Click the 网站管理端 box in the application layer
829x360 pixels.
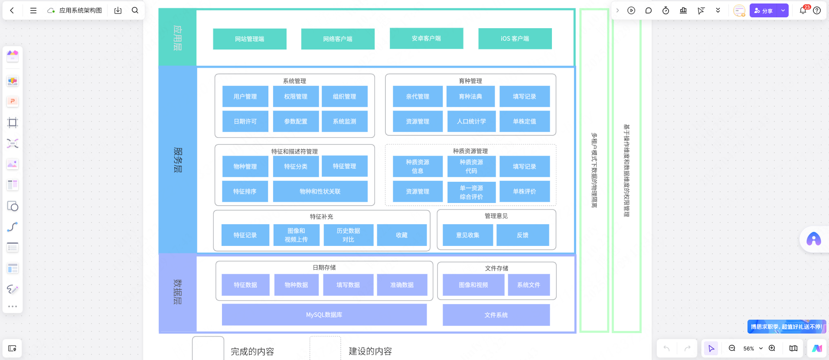click(249, 39)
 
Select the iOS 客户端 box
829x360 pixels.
click(515, 39)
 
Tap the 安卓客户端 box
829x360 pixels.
click(426, 39)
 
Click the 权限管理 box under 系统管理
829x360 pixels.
click(296, 96)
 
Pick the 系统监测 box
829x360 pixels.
click(344, 121)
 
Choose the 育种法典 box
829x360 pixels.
click(470, 96)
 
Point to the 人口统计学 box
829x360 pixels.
click(471, 121)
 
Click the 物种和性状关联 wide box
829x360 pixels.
click(320, 191)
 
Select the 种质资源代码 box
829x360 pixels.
click(471, 167)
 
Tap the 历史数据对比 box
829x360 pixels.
click(348, 235)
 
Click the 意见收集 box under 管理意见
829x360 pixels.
click(467, 235)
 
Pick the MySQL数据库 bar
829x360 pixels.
click(324, 314)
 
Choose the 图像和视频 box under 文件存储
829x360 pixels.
click(473, 285)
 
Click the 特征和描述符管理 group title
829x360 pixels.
click(294, 151)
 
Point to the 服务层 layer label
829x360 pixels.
click(178, 160)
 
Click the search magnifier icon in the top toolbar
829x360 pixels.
click(135, 10)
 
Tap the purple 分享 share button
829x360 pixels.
click(764, 11)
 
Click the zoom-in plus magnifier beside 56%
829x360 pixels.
click(772, 348)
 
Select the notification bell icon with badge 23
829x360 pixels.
click(803, 10)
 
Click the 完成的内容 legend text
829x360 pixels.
click(252, 351)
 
